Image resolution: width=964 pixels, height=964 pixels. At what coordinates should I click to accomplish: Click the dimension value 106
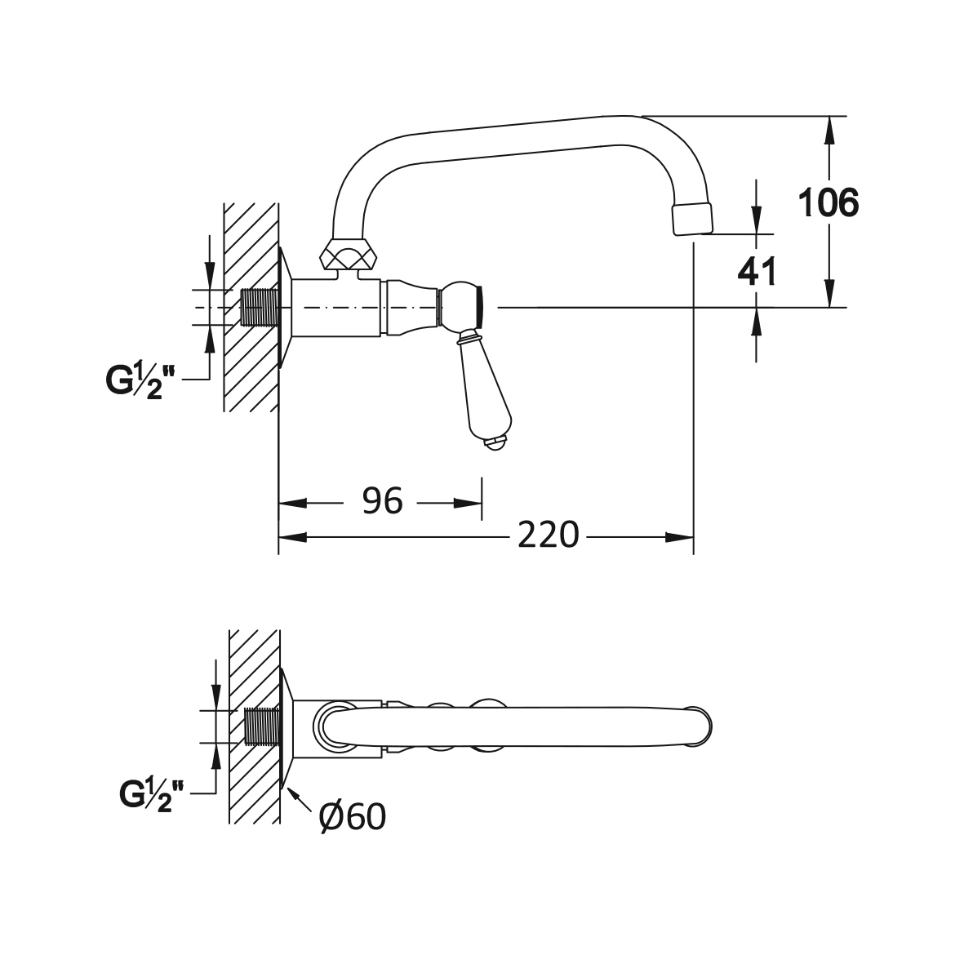pyautogui.click(x=828, y=203)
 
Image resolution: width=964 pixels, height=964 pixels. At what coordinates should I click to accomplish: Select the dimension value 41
pyautogui.click(x=756, y=270)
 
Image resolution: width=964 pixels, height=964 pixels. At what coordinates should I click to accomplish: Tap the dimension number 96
pyautogui.click(x=382, y=500)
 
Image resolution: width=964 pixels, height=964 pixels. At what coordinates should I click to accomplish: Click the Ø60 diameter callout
pyautogui.click(x=353, y=815)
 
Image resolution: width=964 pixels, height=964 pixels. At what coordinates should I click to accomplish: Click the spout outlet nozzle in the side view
pyautogui.click(x=691, y=220)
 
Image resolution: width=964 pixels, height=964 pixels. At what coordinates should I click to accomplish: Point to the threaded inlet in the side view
pyautogui.click(x=262, y=308)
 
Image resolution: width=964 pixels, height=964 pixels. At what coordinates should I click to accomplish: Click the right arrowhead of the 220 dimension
pyautogui.click(x=681, y=537)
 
